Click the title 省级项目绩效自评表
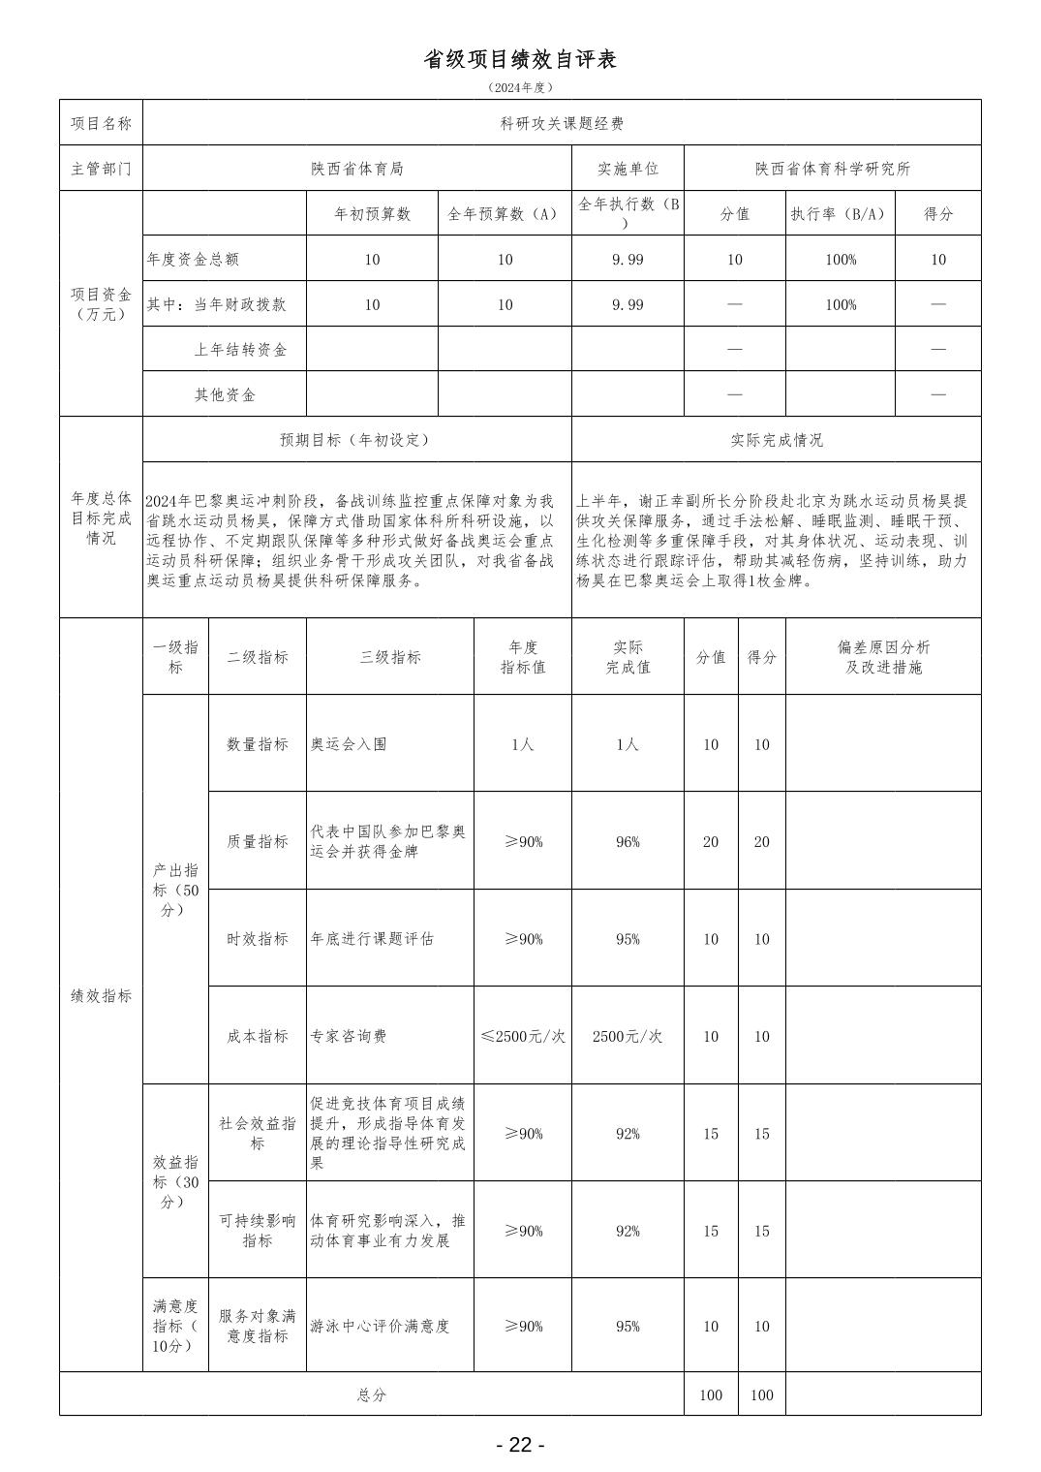click(520, 59)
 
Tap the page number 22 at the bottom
click(520, 1445)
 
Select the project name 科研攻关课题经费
click(562, 123)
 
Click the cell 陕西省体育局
click(356, 169)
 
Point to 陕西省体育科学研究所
click(833, 169)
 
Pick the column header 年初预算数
click(372, 214)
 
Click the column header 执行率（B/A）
click(840, 214)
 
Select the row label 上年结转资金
click(240, 350)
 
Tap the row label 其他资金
click(225, 395)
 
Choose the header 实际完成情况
click(777, 440)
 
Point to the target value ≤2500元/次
click(523, 1036)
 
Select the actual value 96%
click(628, 842)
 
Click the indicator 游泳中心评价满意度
click(380, 1326)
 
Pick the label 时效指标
click(258, 939)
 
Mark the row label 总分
click(372, 1395)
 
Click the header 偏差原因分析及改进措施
click(883, 657)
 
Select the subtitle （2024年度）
click(520, 87)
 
